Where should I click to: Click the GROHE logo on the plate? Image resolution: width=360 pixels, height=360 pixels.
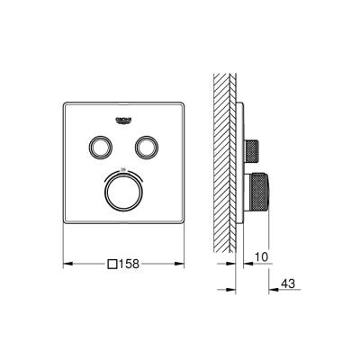click(123, 120)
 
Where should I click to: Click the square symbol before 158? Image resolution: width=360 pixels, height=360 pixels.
click(112, 265)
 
